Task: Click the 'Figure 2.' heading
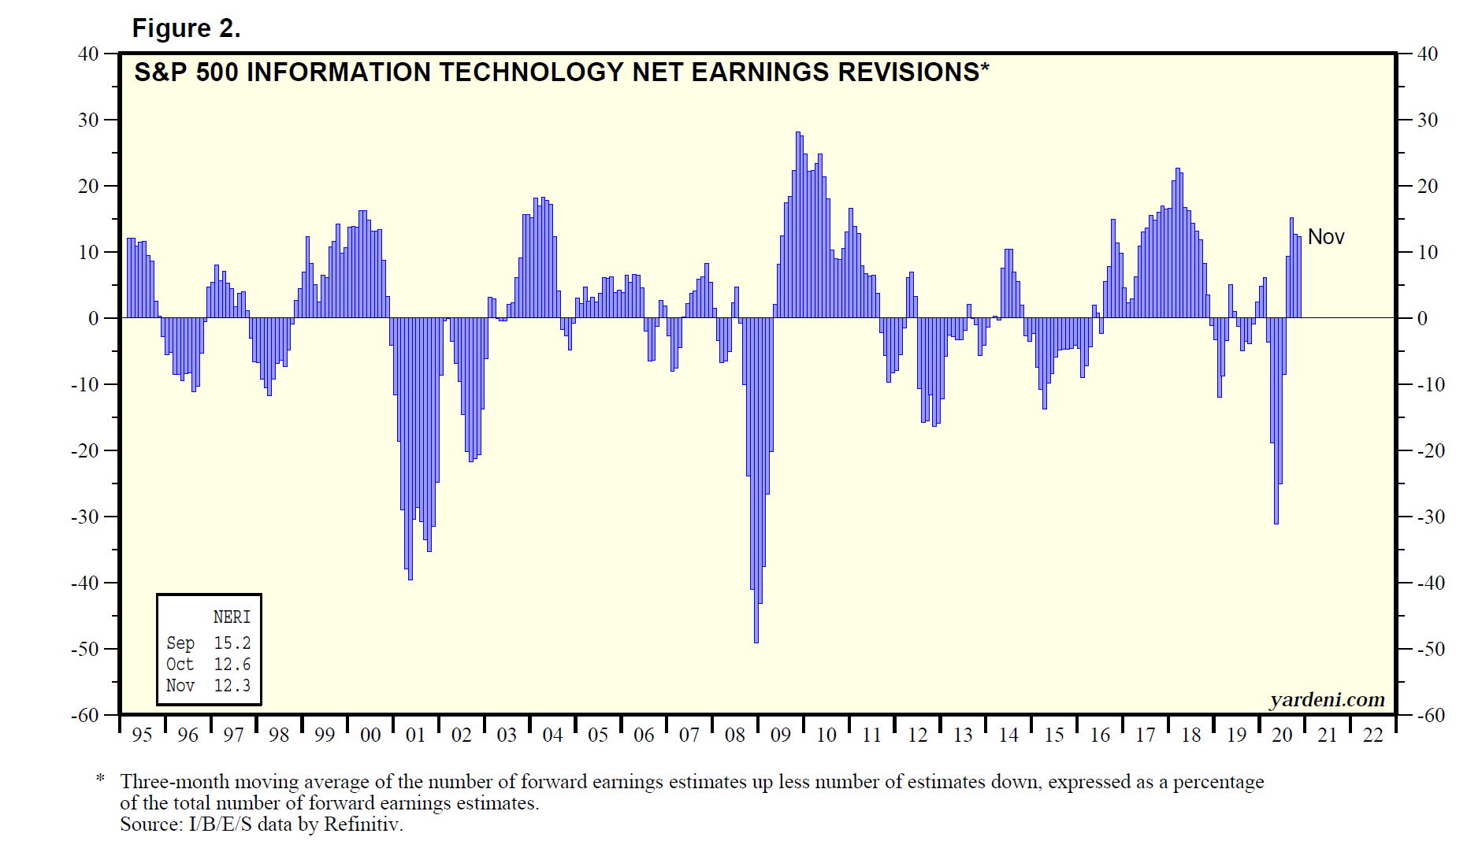point(186,28)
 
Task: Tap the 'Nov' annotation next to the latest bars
point(1325,237)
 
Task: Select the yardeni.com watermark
point(1327,699)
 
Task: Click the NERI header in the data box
point(232,617)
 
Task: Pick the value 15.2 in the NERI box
point(232,643)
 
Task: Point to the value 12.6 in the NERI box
point(232,665)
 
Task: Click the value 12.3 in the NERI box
point(232,686)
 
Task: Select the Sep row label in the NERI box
point(180,643)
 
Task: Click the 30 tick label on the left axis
point(88,120)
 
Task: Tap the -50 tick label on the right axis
point(1432,649)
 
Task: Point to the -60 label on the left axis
point(85,715)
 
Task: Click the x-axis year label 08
point(734,735)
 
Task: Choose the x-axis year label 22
point(1372,735)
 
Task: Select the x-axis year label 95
point(142,735)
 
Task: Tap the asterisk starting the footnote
point(100,780)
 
